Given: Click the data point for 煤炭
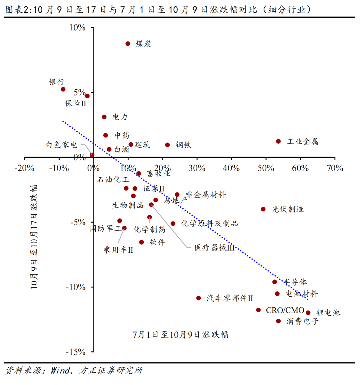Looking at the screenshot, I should point(128,44).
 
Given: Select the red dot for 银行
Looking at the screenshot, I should point(63,89).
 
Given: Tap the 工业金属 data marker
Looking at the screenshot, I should point(278,141).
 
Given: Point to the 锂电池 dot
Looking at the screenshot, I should point(308,313).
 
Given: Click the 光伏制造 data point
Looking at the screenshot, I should point(263,209).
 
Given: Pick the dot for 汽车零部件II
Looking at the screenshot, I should point(199,298).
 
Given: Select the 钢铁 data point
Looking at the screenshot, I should point(167,145).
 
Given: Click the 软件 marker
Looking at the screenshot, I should point(141,242).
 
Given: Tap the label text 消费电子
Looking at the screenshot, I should point(302,321).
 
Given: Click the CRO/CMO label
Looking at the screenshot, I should point(285,310).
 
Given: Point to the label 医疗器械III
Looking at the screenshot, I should point(214,248).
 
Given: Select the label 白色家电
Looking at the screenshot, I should point(61,145).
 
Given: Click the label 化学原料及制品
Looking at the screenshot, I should point(210,223).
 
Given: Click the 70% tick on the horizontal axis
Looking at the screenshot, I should point(335,168).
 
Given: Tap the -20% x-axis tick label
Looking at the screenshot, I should point(24,168).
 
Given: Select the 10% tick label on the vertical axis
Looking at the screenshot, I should point(77,28).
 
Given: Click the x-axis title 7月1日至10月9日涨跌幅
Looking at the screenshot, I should point(180,335).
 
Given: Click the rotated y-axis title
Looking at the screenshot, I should point(34,237).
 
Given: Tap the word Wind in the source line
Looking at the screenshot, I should point(60,370).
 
